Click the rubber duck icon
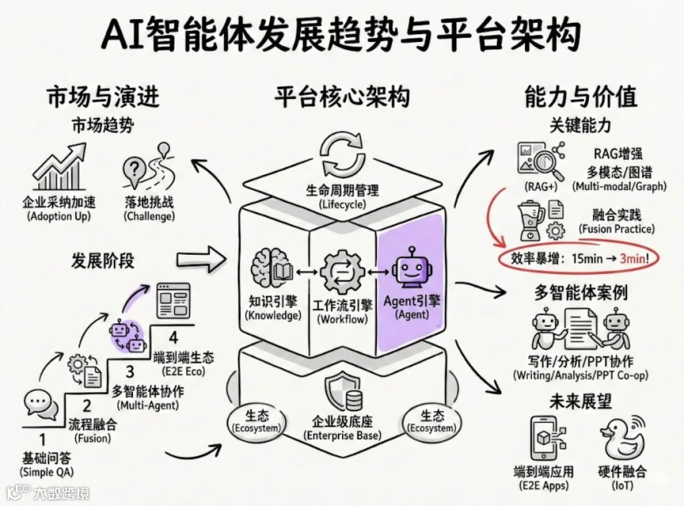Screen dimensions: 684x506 (x=622, y=439)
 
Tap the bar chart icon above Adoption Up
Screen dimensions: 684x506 (x=59, y=167)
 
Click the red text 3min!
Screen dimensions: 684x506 (x=635, y=259)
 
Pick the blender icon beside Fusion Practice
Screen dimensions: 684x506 (x=530, y=221)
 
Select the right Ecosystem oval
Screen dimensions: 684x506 (x=432, y=422)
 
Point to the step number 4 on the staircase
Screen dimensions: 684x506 (x=173, y=338)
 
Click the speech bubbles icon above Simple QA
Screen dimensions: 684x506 (x=41, y=405)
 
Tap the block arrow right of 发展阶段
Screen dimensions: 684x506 (x=201, y=259)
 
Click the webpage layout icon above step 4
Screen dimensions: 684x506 (x=173, y=301)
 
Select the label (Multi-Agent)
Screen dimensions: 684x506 (x=148, y=406)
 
